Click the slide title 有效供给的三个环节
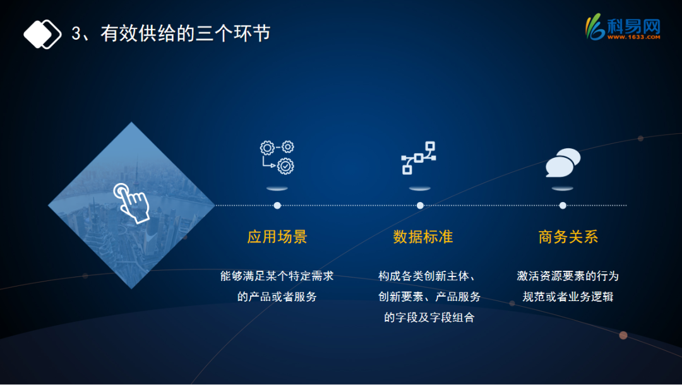pyautogui.click(x=186, y=33)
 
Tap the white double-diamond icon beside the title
pyautogui.click(x=42, y=34)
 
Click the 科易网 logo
pyautogui.click(x=623, y=27)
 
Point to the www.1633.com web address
pyautogui.click(x=634, y=37)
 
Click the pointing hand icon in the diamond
pyautogui.click(x=132, y=203)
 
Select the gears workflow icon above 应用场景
pyautogui.click(x=277, y=157)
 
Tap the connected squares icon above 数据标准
pyautogui.click(x=419, y=158)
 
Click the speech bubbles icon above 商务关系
pyautogui.click(x=563, y=162)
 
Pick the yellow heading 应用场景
pyautogui.click(x=277, y=237)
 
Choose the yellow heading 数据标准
pyautogui.click(x=422, y=237)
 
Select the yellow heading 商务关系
pyautogui.click(x=568, y=237)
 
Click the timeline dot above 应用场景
pyautogui.click(x=277, y=206)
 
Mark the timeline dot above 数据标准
pyautogui.click(x=420, y=206)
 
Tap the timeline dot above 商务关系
pyautogui.click(x=563, y=206)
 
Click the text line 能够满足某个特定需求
pyautogui.click(x=277, y=276)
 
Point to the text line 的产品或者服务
pyautogui.click(x=277, y=297)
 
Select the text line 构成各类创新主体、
pyautogui.click(x=427, y=276)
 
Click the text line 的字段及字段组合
pyautogui.click(x=429, y=317)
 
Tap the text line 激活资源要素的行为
pyautogui.click(x=568, y=276)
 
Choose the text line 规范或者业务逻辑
pyautogui.click(x=568, y=297)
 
